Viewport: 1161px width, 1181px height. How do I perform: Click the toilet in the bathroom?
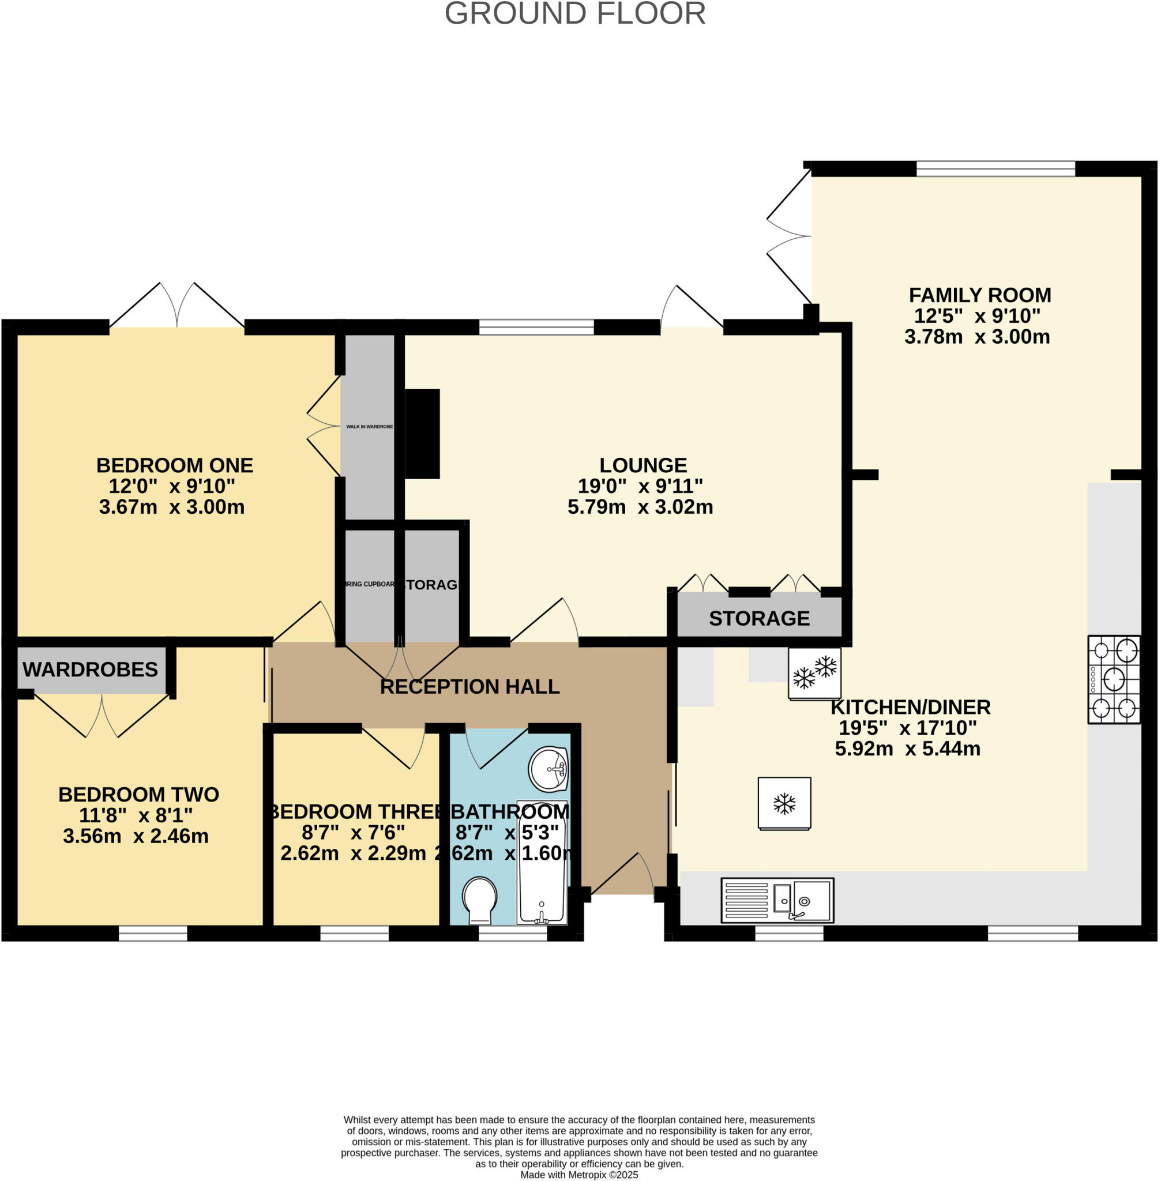[480, 900]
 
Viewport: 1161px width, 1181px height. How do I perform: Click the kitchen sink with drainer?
[777, 900]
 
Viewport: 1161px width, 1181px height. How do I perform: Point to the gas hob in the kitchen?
[1114, 679]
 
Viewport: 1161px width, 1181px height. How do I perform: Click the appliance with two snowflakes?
[814, 673]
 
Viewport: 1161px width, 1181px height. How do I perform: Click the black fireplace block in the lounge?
[422, 434]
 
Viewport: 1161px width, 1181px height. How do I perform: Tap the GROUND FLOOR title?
[575, 13]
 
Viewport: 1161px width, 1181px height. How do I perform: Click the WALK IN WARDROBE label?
[370, 427]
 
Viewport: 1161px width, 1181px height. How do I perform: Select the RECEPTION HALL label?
[469, 687]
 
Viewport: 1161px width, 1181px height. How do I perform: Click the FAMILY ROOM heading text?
[979, 295]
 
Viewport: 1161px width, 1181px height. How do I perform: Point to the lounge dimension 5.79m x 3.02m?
[640, 507]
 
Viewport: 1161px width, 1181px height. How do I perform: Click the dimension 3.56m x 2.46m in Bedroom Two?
[136, 836]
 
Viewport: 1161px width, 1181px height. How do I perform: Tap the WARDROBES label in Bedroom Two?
[90, 670]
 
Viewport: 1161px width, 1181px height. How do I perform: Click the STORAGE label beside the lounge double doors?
[759, 618]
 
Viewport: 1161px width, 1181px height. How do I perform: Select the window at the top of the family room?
[995, 168]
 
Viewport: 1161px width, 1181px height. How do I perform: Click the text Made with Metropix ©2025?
[578, 1174]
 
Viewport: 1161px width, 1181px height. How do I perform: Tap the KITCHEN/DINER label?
[910, 707]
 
